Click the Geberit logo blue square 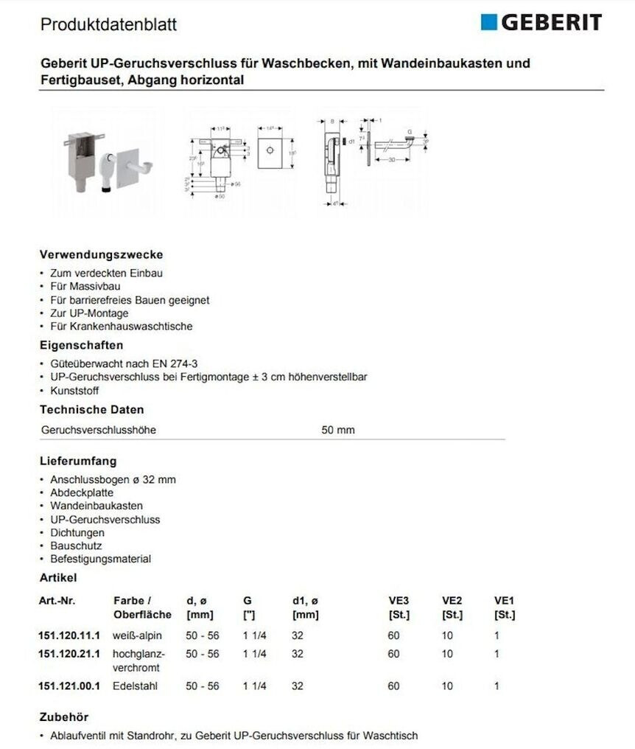pyautogui.click(x=489, y=22)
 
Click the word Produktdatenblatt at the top pyautogui.click(x=108, y=25)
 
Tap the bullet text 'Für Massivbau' pyautogui.click(x=85, y=286)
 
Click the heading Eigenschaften pyautogui.click(x=81, y=345)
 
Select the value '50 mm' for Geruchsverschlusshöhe pyautogui.click(x=338, y=430)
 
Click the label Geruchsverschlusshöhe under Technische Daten pyautogui.click(x=99, y=430)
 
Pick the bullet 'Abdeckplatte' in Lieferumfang pyautogui.click(x=82, y=492)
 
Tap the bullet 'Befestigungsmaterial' pyautogui.click(x=100, y=559)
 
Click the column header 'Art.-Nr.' pyautogui.click(x=57, y=601)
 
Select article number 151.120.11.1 pyautogui.click(x=69, y=635)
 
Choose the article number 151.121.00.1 pyautogui.click(x=69, y=686)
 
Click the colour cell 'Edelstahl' pyautogui.click(x=135, y=686)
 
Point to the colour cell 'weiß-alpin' pyautogui.click(x=137, y=635)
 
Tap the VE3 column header pyautogui.click(x=399, y=601)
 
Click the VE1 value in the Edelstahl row pyautogui.click(x=497, y=686)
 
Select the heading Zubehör pyautogui.click(x=64, y=717)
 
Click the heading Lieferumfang pyautogui.click(x=78, y=461)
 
